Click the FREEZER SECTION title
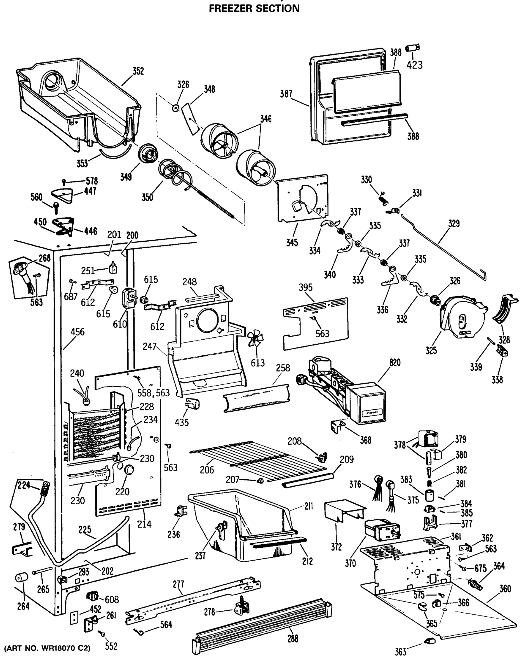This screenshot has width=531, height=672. pyautogui.click(x=254, y=8)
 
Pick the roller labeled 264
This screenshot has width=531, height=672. pyautogui.click(x=22, y=578)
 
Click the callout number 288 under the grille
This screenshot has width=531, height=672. pyautogui.click(x=293, y=639)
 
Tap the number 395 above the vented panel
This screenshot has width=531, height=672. pyautogui.click(x=305, y=287)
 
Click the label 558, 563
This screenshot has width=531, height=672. pyautogui.click(x=154, y=393)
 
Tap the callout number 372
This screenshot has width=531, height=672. pyautogui.click(x=336, y=547)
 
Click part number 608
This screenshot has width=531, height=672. pyautogui.click(x=112, y=599)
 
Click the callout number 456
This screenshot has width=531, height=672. pyautogui.click(x=77, y=332)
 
